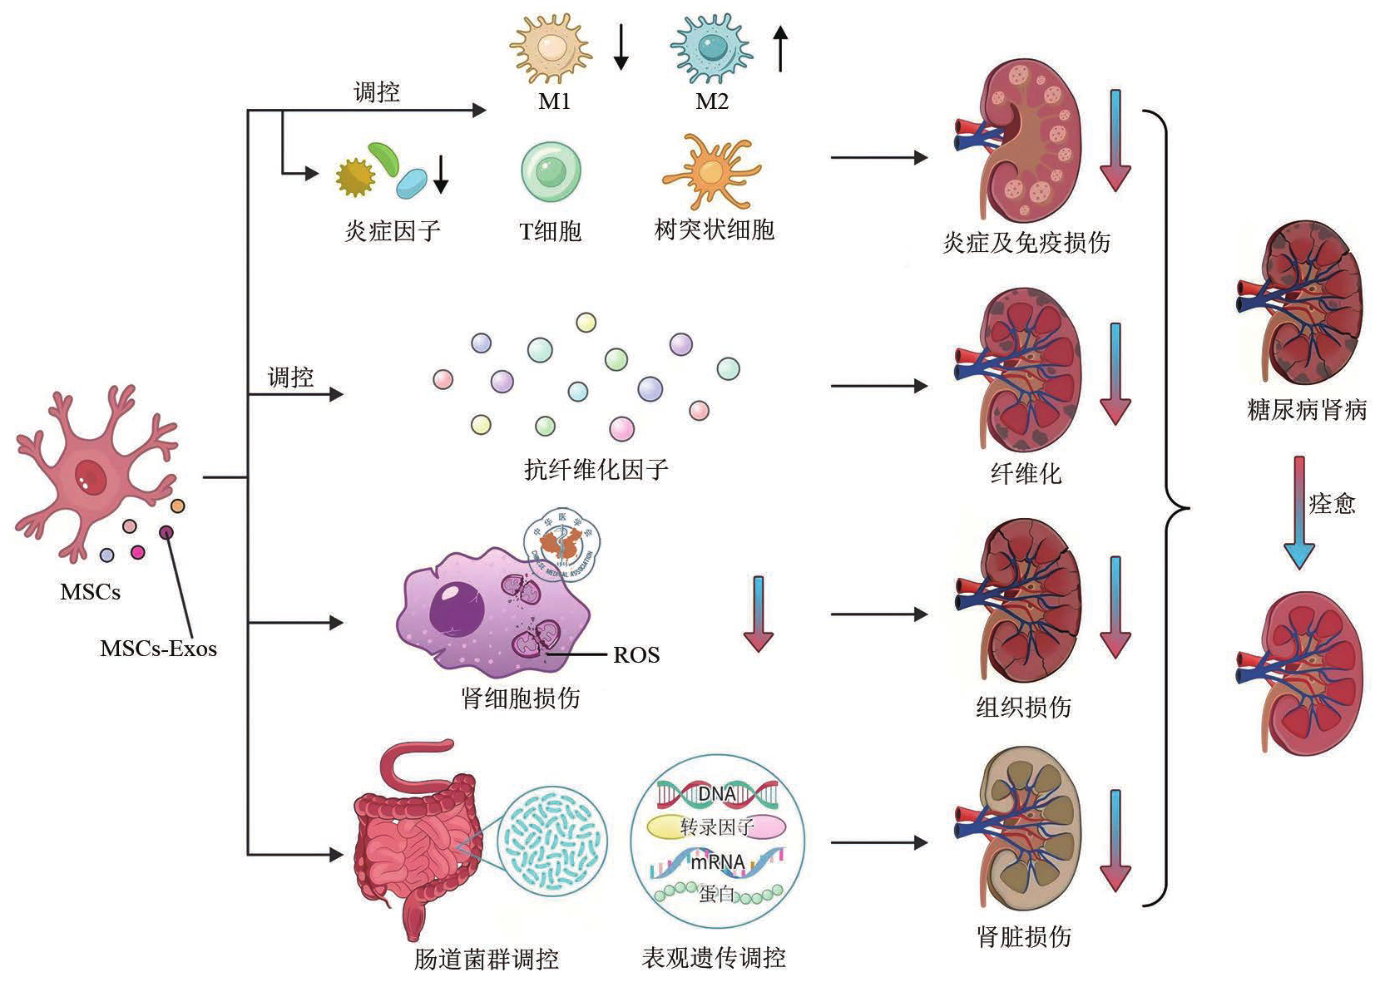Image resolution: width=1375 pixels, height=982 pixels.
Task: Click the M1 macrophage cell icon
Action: [551, 48]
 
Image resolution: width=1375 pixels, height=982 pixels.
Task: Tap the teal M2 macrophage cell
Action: [711, 48]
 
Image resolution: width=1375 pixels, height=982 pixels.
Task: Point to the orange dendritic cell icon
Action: [711, 172]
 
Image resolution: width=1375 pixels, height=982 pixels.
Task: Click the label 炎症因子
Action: [393, 231]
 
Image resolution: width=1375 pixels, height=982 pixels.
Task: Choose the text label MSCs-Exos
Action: [158, 649]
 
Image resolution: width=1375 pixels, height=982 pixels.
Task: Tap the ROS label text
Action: [636, 655]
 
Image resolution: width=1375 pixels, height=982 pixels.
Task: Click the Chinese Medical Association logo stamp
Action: [561, 545]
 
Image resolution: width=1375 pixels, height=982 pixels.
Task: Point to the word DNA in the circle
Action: [716, 794]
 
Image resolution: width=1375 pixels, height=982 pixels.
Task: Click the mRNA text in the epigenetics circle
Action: [718, 862]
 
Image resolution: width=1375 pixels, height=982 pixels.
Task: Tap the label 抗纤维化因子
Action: [596, 470]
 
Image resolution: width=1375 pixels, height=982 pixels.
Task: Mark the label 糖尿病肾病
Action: [1307, 410]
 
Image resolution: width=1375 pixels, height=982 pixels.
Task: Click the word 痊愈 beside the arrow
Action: [1332, 504]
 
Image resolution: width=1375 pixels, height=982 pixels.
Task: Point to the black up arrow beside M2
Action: [779, 48]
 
